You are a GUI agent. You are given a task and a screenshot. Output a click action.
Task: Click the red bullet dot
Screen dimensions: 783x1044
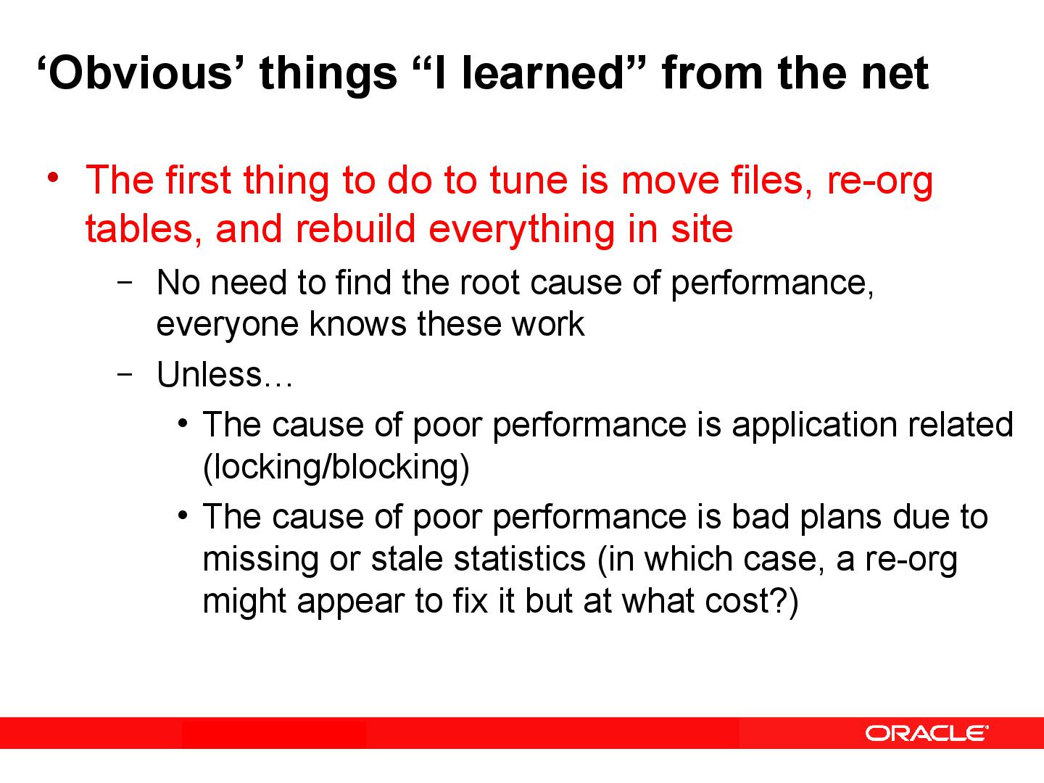tap(51, 178)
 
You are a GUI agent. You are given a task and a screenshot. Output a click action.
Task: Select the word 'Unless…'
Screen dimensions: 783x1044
tap(224, 375)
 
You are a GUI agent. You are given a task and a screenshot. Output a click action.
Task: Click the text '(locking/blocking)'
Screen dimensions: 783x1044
tap(336, 467)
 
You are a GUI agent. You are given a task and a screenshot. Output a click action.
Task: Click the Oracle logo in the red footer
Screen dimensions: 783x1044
tap(926, 733)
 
